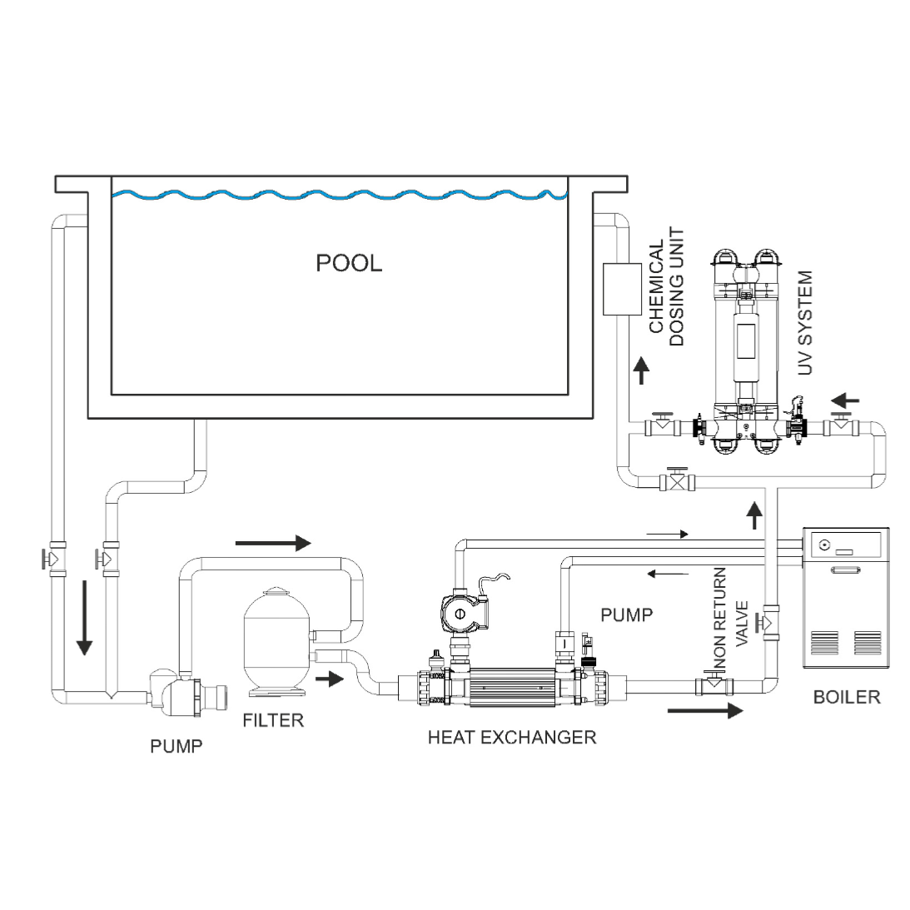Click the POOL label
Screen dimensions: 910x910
349,263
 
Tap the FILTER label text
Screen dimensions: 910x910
273,720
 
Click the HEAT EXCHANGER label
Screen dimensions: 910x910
512,737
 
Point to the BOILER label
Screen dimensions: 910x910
847,696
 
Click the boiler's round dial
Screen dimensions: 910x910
823,545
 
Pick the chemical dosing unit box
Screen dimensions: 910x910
622,289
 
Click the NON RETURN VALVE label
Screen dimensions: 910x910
730,620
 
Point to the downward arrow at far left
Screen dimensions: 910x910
85,618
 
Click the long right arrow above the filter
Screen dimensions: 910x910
273,543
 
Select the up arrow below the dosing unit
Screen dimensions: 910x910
641,370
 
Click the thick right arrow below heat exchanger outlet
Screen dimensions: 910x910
705,710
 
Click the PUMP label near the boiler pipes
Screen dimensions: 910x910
626,614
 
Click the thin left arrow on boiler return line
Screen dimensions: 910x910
668,574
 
